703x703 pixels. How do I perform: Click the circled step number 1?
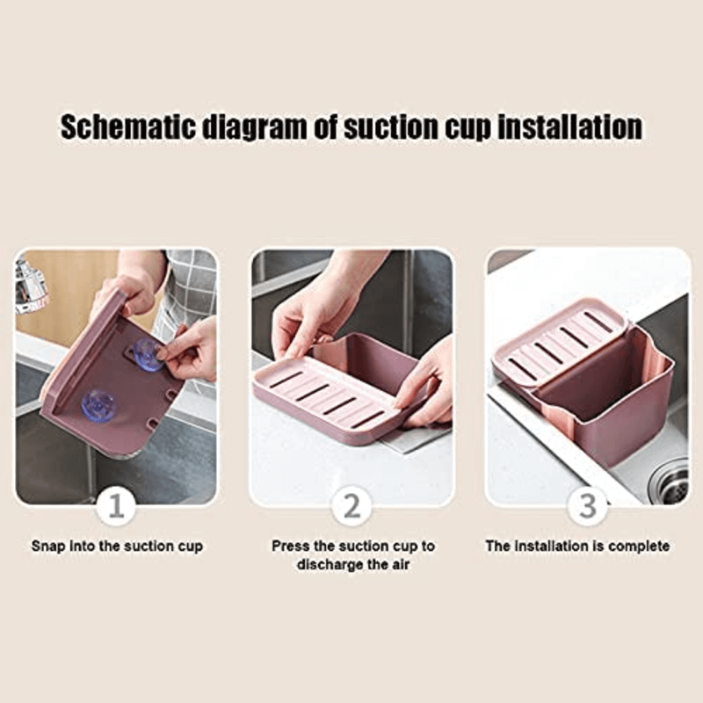tap(116, 507)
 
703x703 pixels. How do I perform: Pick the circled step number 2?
tap(351, 507)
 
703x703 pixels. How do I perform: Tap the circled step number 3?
tap(586, 507)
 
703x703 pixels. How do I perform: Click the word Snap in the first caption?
tap(48, 546)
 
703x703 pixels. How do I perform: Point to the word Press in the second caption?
tap(290, 546)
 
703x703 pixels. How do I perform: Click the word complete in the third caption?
tap(638, 546)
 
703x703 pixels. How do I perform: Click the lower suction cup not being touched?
tap(98, 403)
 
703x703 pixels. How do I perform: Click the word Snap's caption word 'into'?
tap(81, 546)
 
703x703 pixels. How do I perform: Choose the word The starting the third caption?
tap(498, 546)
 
